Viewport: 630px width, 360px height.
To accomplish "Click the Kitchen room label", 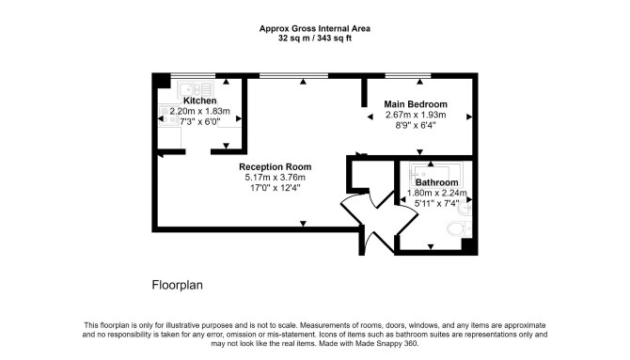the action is click(199, 101).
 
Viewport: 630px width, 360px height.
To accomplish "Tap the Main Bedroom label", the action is click(416, 104).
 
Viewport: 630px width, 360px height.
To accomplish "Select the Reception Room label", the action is click(276, 166).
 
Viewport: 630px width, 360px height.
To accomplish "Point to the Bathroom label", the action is click(436, 182).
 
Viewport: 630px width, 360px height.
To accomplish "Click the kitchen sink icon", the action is click(196, 89).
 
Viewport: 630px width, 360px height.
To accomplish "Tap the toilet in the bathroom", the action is click(460, 228).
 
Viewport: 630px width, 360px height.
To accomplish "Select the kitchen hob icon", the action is click(169, 116).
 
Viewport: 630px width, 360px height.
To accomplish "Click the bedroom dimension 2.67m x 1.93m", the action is click(416, 115).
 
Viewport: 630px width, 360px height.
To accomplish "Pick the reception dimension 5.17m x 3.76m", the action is click(276, 178).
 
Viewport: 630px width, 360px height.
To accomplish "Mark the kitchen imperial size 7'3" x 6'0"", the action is click(199, 121).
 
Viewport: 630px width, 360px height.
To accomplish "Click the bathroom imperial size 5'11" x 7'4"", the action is click(436, 204).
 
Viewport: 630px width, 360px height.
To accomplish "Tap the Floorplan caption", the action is click(177, 285).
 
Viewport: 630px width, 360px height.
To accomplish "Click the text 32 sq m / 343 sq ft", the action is click(315, 39).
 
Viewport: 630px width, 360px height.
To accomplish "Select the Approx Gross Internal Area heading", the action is click(315, 28).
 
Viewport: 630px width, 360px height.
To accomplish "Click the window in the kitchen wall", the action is click(194, 75).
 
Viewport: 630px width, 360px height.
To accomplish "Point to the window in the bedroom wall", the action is click(408, 75).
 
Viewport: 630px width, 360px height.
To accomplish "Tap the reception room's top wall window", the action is click(293, 75).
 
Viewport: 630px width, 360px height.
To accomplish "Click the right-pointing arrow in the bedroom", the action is click(469, 117).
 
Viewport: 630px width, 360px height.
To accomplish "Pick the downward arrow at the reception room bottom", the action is click(304, 224).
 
